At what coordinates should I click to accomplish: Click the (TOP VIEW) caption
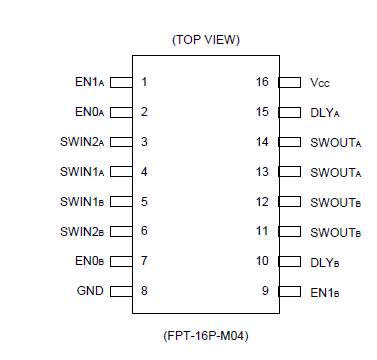click(x=206, y=39)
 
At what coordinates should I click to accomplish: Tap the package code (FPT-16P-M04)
click(x=205, y=335)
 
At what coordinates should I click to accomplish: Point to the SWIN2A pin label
click(x=82, y=142)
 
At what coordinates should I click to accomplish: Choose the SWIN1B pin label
click(x=82, y=202)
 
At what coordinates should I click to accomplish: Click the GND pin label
click(x=90, y=292)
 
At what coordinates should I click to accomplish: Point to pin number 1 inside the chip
click(x=145, y=82)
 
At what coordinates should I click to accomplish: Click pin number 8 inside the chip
click(x=145, y=292)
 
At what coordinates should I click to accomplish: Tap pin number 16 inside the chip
click(x=262, y=82)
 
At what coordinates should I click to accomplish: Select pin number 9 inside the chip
click(x=265, y=292)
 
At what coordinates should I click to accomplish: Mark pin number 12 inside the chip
click(x=262, y=202)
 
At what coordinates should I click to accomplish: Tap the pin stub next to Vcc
click(x=290, y=82)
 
